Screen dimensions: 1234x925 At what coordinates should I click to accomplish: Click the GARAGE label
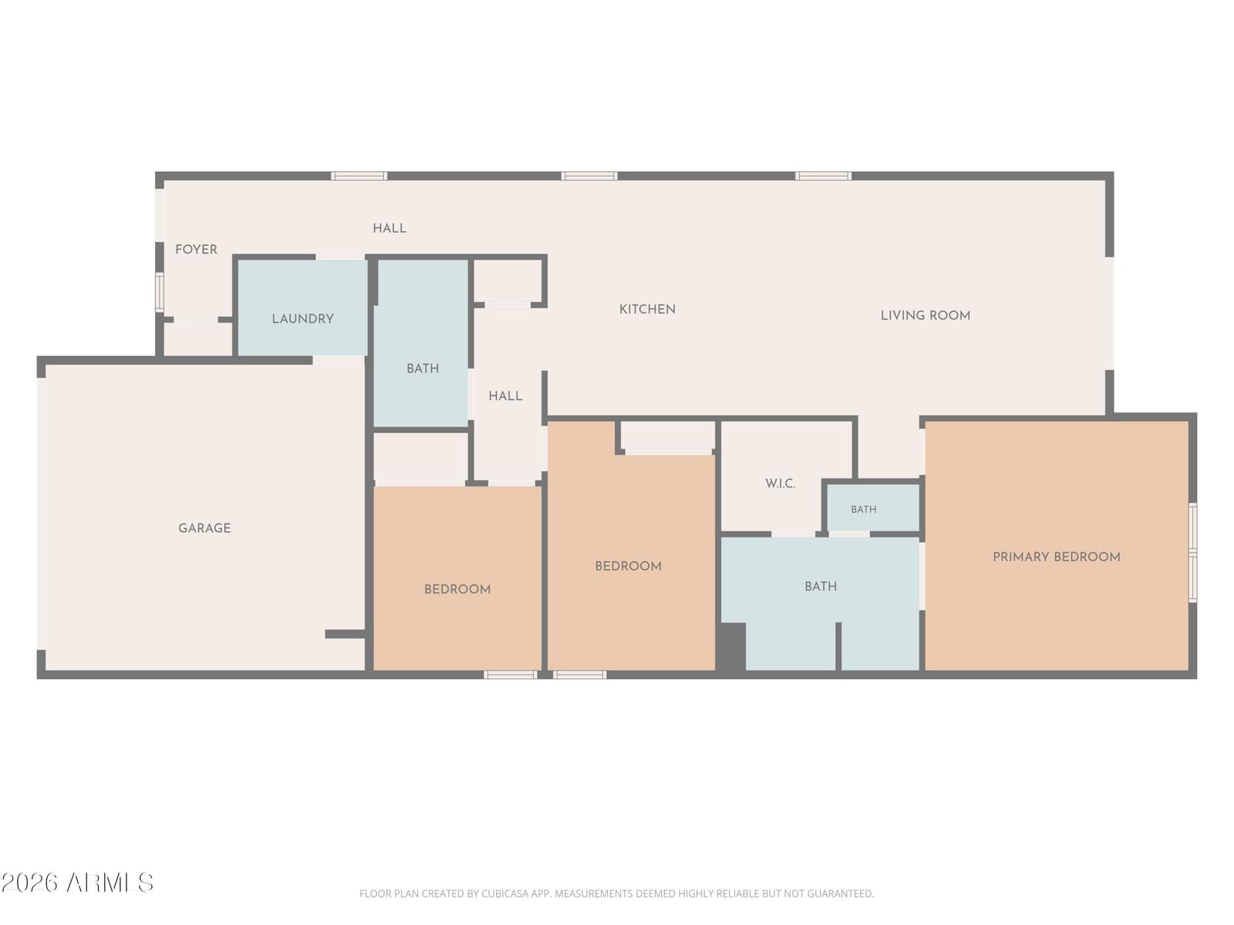click(x=204, y=528)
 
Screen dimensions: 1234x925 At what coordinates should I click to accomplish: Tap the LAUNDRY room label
click(x=302, y=319)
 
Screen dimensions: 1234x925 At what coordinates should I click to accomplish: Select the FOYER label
click(x=196, y=249)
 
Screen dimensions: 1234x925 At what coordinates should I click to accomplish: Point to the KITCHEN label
click(x=647, y=309)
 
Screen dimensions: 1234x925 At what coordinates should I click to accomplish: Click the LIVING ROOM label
click(x=925, y=315)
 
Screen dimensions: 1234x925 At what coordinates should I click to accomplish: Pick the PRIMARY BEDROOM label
click(x=1057, y=557)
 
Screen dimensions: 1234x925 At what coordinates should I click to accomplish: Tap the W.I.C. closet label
click(x=780, y=483)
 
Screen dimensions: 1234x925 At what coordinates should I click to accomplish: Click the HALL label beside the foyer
click(x=389, y=228)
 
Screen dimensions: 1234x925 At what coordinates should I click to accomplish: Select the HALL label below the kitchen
click(x=505, y=396)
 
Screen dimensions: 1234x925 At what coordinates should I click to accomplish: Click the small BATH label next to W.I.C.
click(x=864, y=510)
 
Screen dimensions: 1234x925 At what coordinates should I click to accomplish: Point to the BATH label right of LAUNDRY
click(x=423, y=368)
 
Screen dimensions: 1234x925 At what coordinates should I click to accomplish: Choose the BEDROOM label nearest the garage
click(x=457, y=589)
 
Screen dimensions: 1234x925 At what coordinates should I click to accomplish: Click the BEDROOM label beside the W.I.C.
click(x=628, y=566)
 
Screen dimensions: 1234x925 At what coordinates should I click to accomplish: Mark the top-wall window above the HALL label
click(x=359, y=177)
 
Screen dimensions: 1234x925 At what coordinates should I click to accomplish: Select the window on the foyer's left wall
click(x=160, y=291)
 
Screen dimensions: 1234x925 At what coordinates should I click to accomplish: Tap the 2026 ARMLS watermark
click(x=77, y=883)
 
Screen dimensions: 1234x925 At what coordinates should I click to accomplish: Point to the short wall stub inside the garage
click(x=346, y=634)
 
